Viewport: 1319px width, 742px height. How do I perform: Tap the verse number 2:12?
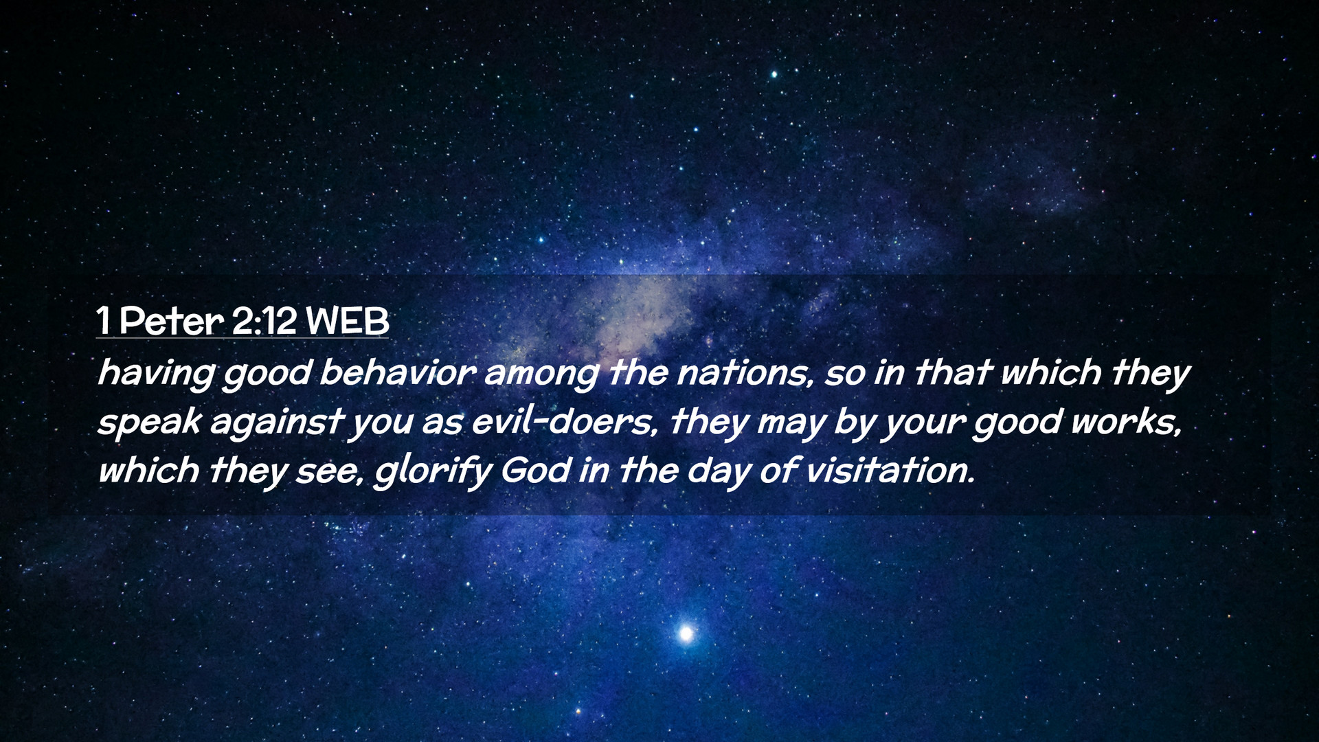(264, 321)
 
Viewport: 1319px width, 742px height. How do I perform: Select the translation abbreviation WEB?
(348, 321)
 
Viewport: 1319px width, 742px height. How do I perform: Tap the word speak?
(149, 422)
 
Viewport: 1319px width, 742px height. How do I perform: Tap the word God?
(536, 470)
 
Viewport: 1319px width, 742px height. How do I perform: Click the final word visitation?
(890, 470)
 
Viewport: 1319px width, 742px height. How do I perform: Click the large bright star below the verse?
(686, 633)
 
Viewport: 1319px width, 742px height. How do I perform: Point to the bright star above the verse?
(774, 74)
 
